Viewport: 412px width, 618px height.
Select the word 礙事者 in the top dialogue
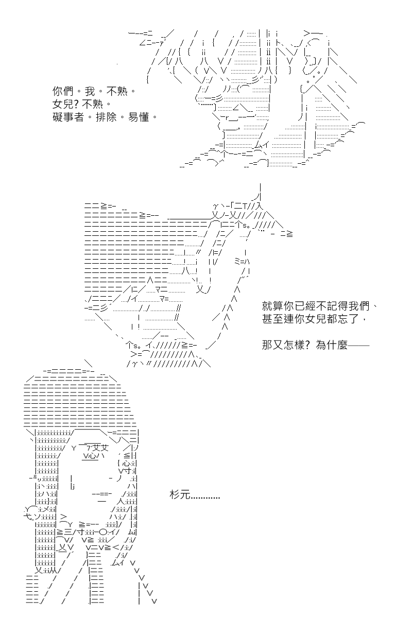pyautogui.click(x=68, y=117)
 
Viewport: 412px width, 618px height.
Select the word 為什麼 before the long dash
pyautogui.click(x=332, y=345)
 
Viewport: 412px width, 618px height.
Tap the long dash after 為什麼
pyautogui.click(x=359, y=345)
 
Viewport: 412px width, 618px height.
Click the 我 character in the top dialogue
pyautogui.click(x=90, y=91)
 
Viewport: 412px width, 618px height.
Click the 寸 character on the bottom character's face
pyautogui.click(x=127, y=471)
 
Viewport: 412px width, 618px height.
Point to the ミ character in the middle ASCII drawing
pyautogui.click(x=237, y=261)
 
